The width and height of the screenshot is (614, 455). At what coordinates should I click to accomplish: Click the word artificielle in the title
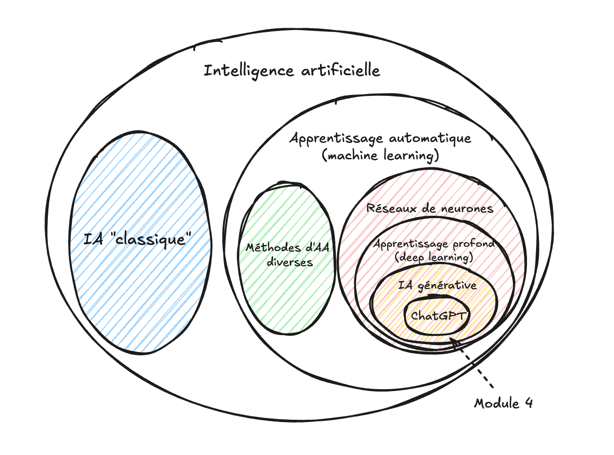click(340, 71)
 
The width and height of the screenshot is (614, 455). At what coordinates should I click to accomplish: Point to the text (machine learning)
click(381, 155)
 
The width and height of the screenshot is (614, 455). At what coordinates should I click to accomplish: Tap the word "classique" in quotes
click(153, 239)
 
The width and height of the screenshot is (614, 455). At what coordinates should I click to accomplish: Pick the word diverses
click(289, 262)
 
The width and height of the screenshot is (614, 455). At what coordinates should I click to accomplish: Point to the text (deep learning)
click(434, 258)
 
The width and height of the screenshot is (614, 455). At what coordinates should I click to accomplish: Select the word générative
click(447, 285)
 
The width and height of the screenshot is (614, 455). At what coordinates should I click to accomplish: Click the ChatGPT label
click(437, 316)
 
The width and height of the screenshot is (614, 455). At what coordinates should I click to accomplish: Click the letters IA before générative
click(405, 285)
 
